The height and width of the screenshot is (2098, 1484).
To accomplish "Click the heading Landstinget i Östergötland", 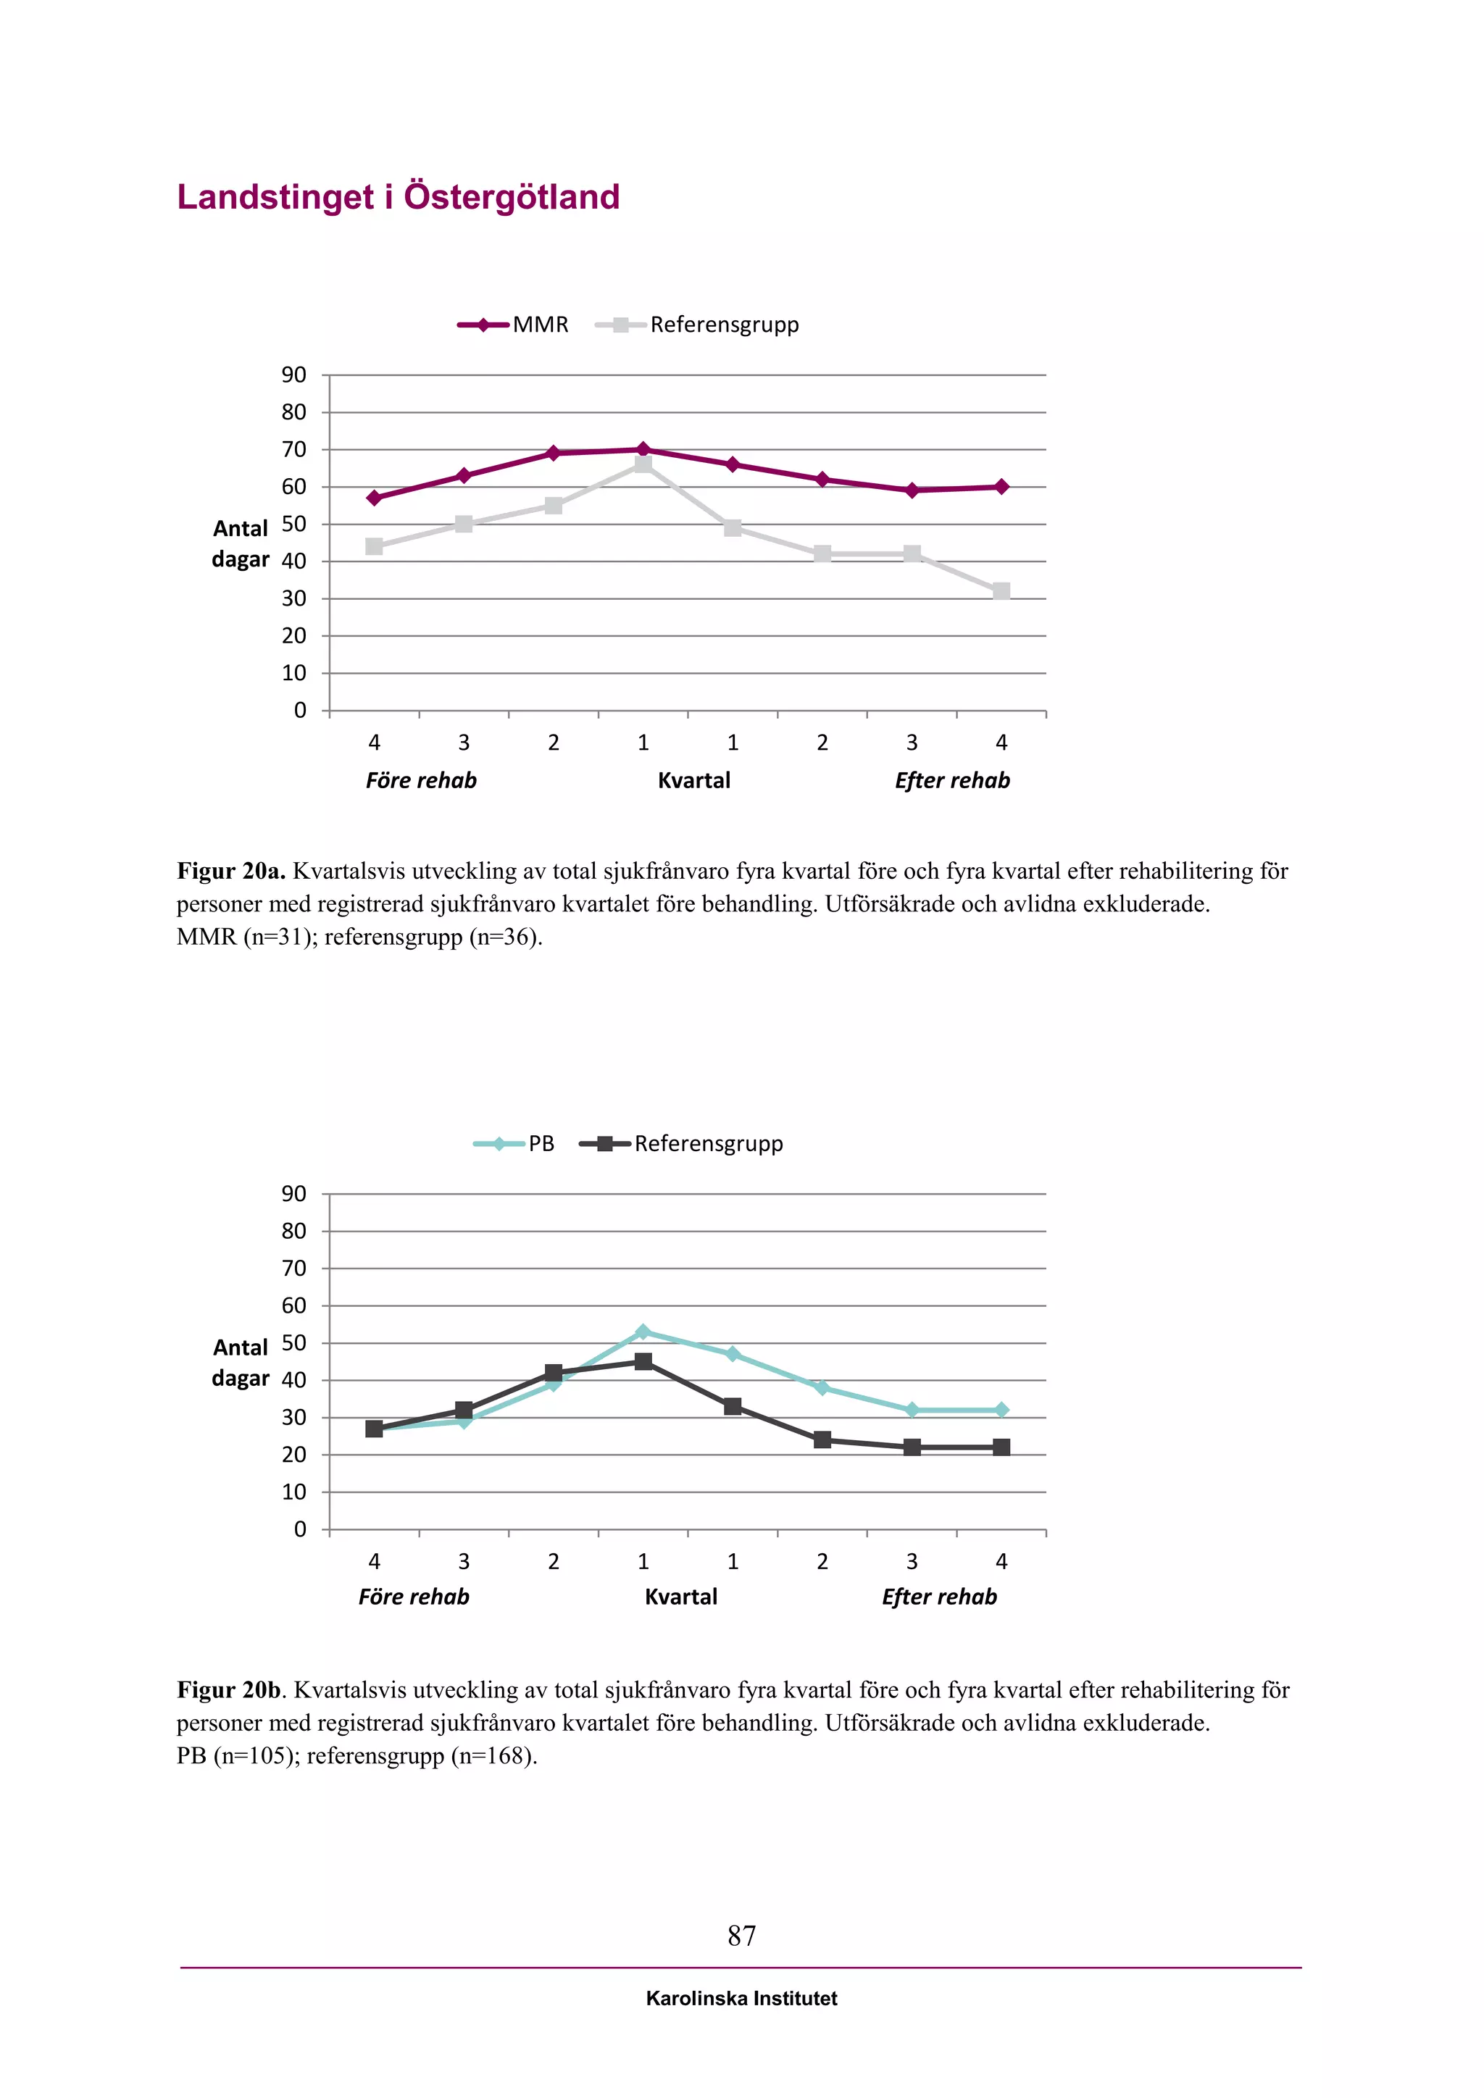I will (398, 197).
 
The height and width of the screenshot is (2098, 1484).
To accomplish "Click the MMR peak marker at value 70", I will (643, 450).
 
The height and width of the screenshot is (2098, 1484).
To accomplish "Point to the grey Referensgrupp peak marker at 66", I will (643, 465).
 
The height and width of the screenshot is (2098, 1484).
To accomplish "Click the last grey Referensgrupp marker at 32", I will (1001, 591).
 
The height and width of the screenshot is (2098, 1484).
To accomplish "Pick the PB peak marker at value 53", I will (643, 1332).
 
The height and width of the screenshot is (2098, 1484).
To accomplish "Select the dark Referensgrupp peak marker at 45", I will (643, 1361).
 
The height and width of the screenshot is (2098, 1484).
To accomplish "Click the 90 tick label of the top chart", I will (294, 375).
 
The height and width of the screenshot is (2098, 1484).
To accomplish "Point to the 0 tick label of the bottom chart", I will (300, 1529).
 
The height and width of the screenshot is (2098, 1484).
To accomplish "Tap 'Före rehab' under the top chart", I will (421, 780).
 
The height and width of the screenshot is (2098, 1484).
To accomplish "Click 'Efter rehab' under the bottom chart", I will (939, 1597).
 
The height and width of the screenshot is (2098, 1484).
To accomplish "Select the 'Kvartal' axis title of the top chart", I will (694, 780).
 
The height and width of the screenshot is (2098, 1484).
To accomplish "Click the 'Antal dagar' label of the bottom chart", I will (241, 1363).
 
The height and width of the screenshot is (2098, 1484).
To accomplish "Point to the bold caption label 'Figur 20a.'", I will (231, 871).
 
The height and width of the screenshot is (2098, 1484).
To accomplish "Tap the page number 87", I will (741, 1935).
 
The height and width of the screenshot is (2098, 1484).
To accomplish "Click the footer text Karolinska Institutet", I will (741, 1999).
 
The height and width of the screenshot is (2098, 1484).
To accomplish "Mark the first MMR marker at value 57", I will (375, 498).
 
